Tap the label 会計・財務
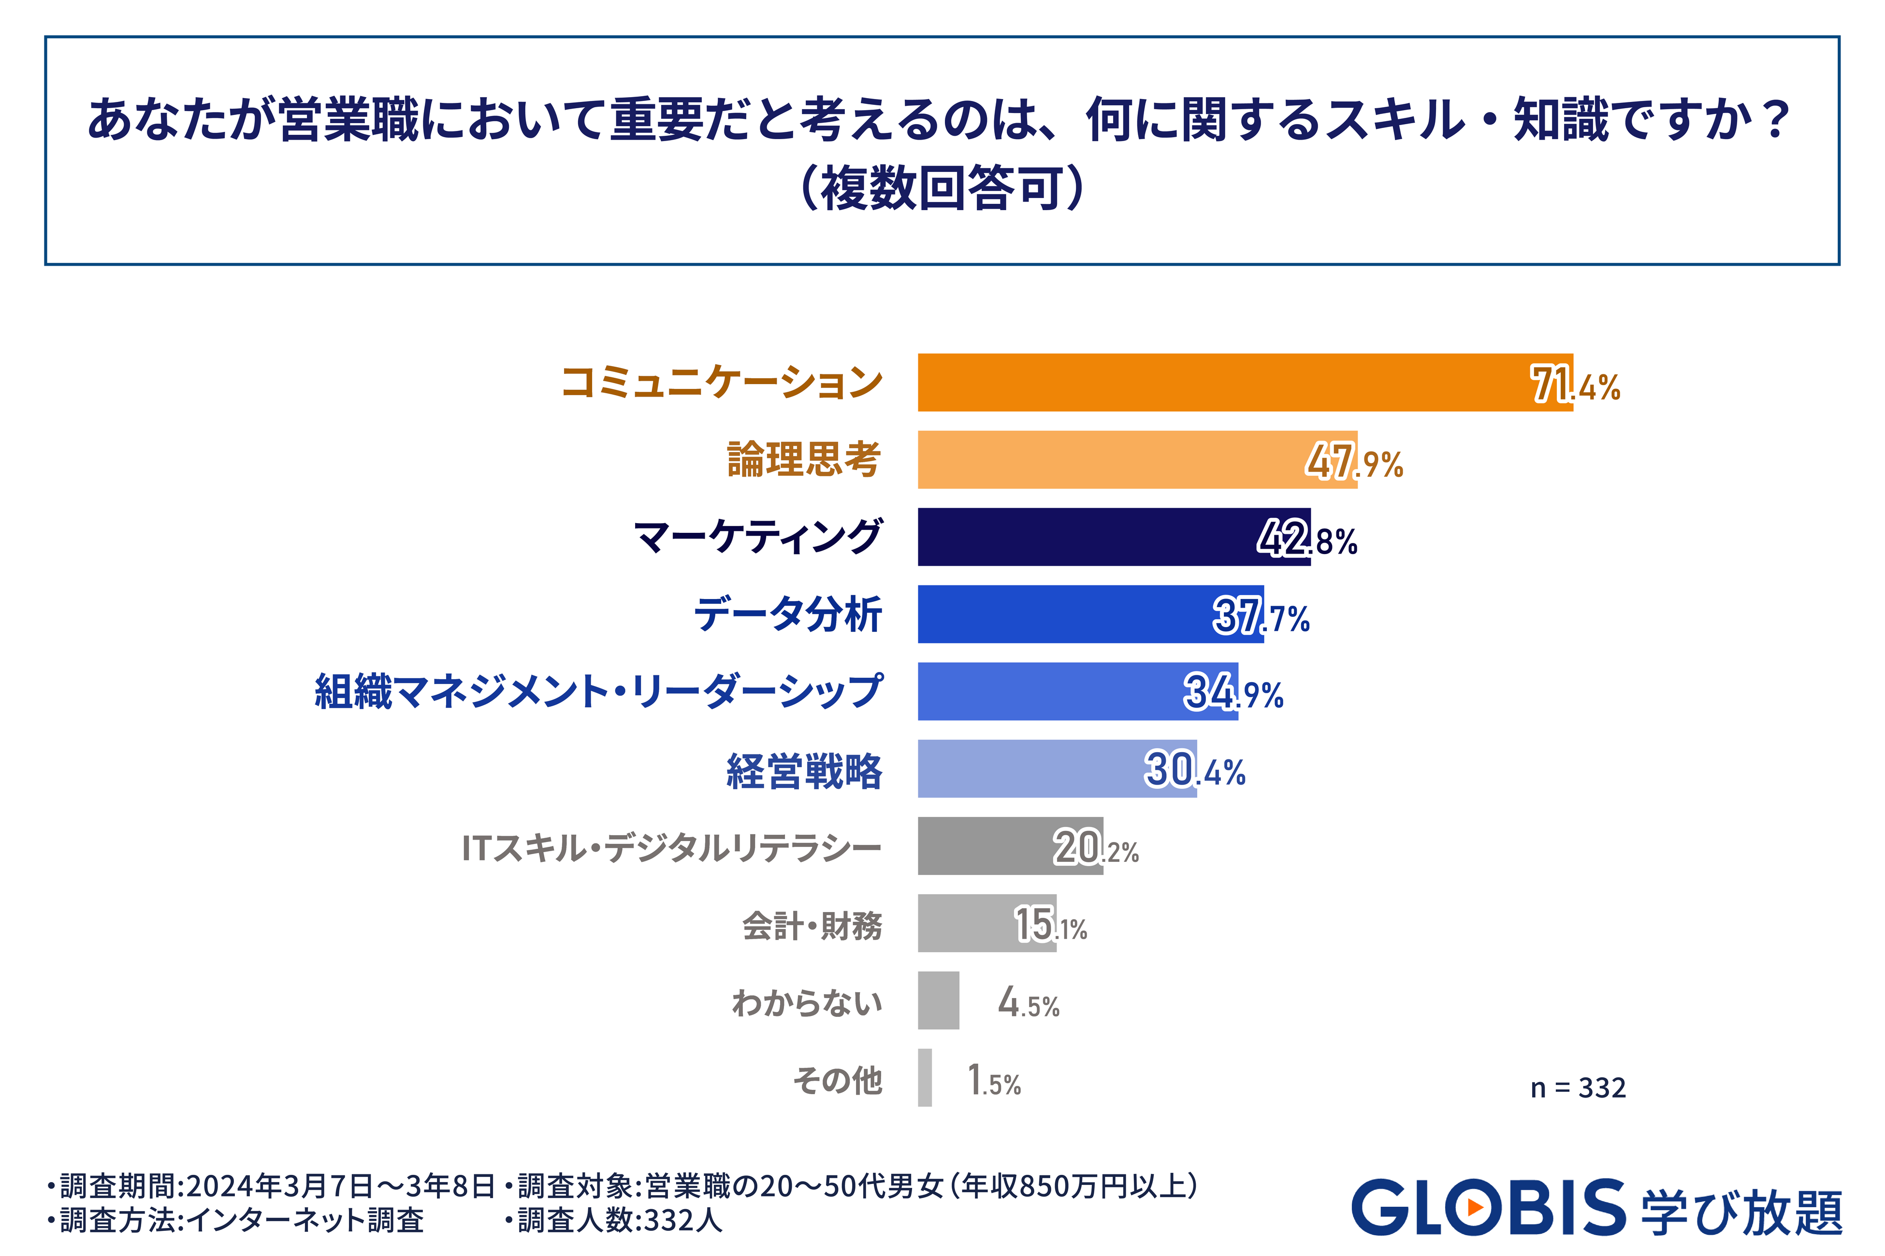pyautogui.click(x=812, y=925)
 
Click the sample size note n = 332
pyautogui.click(x=1577, y=1088)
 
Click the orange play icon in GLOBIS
pyautogui.click(x=1474, y=1207)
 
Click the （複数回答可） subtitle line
pyautogui.click(x=942, y=188)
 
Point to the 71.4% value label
pyautogui.click(x=1575, y=385)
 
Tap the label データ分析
pyautogui.click(x=788, y=614)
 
